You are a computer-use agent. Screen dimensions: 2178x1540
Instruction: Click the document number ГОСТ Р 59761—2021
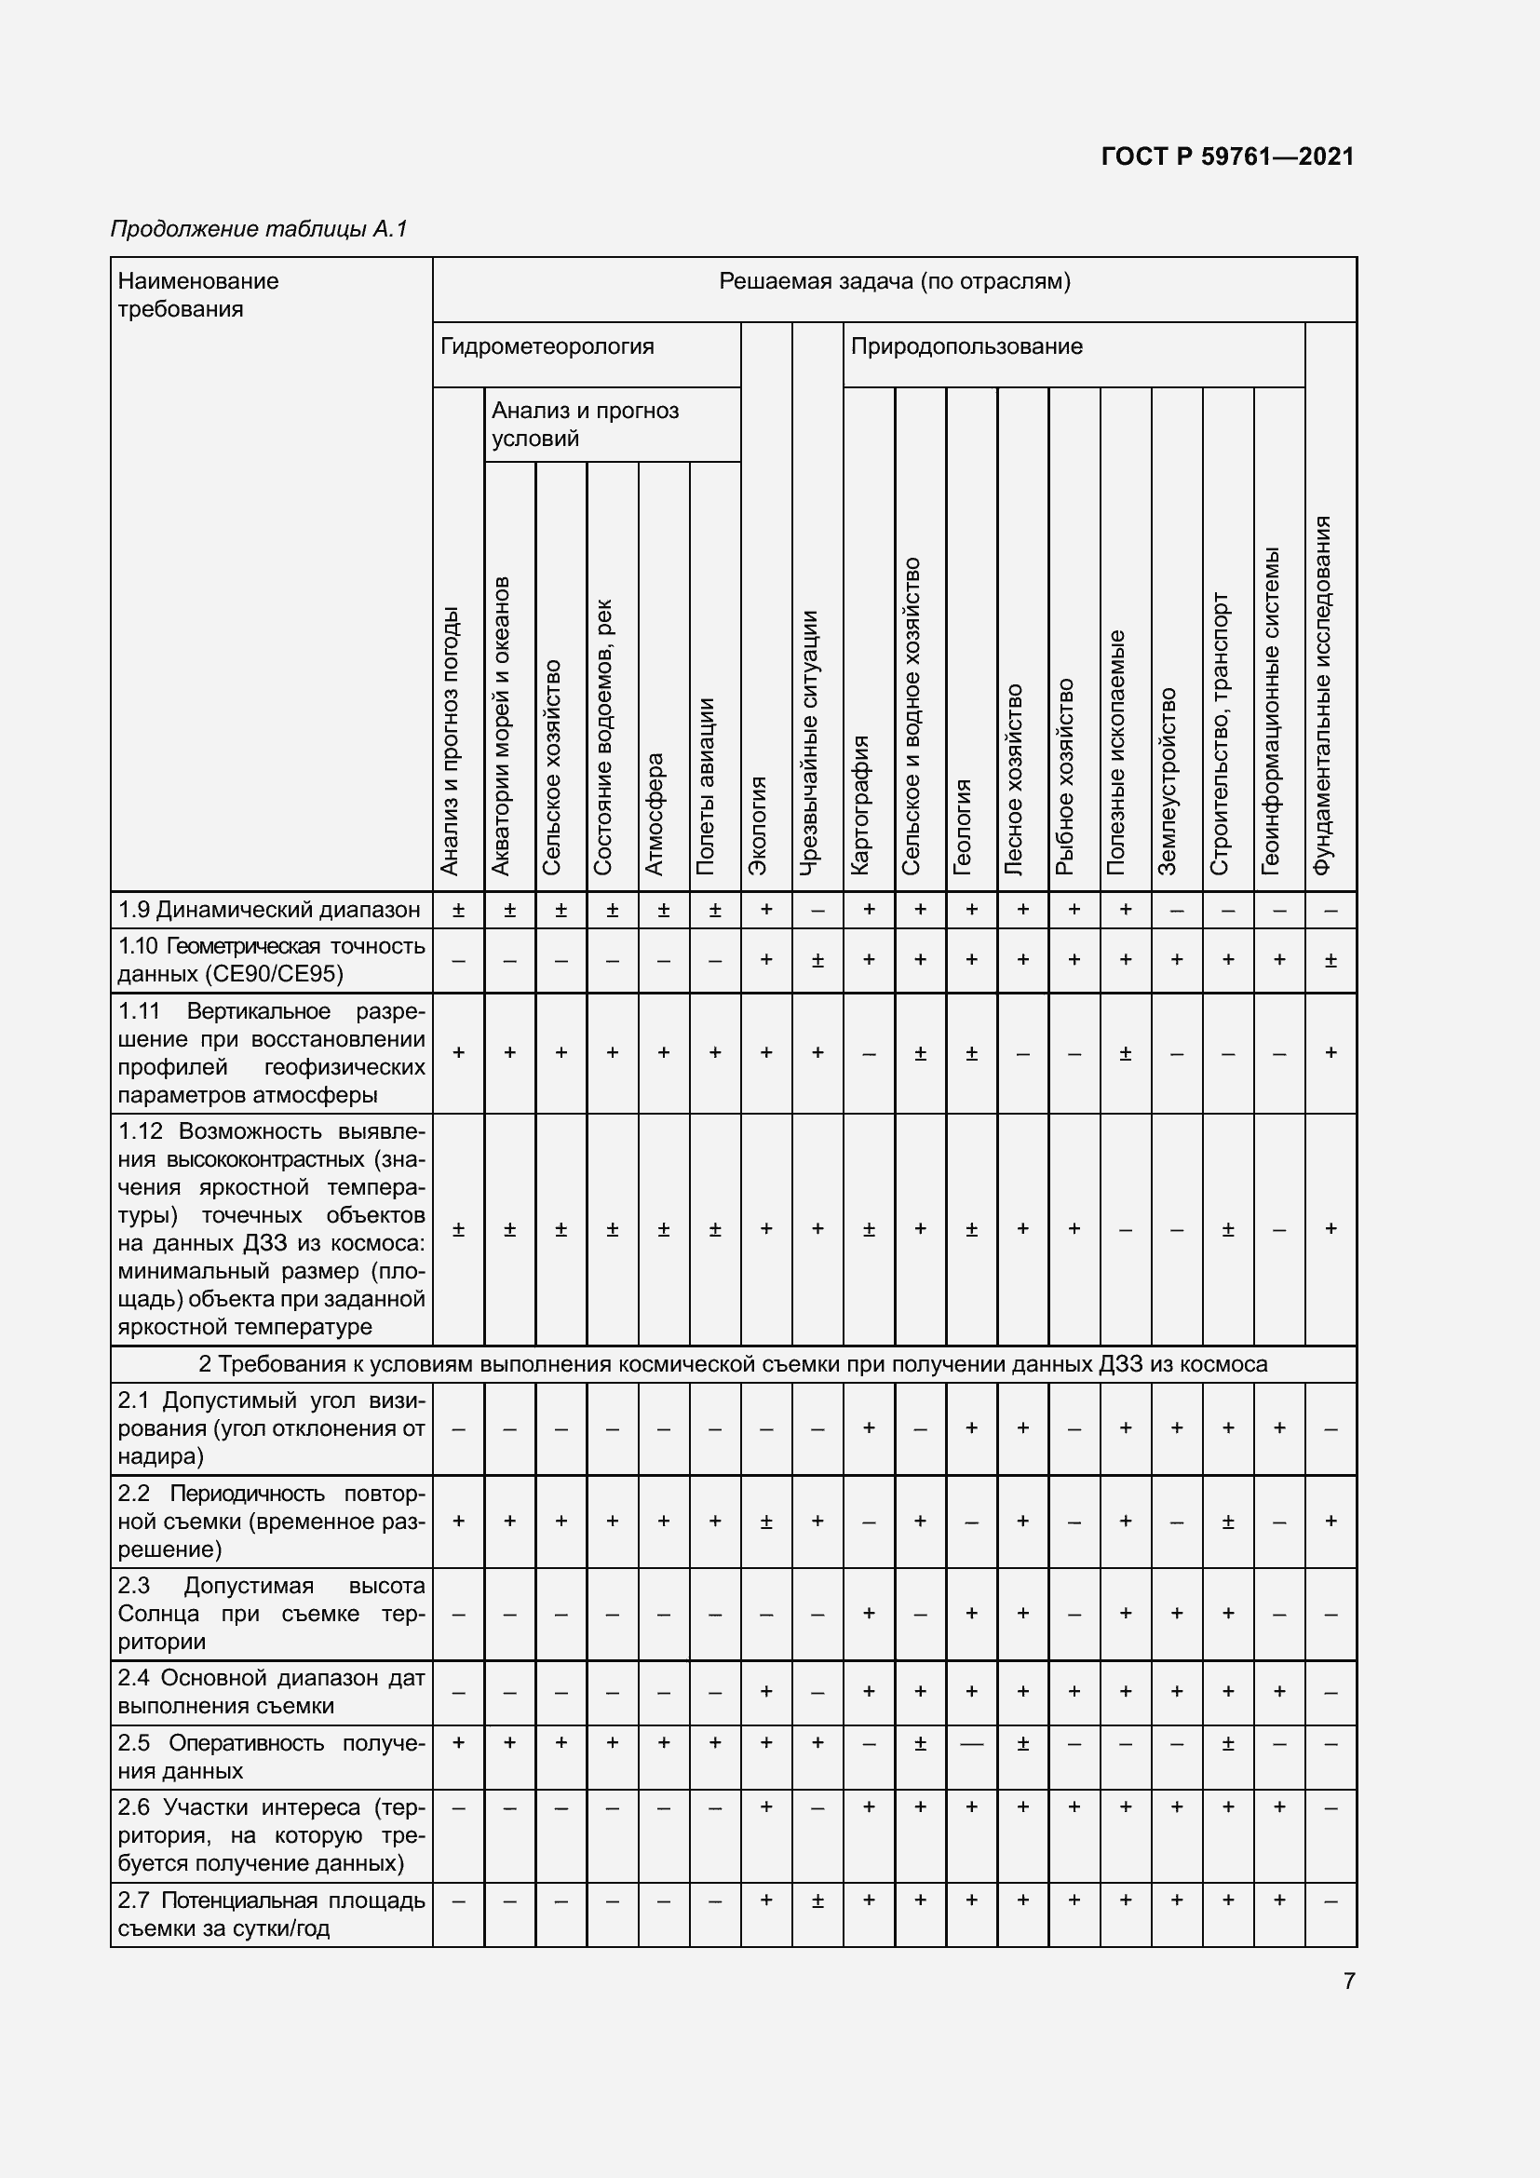click(1227, 156)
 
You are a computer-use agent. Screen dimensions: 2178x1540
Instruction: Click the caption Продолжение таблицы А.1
click(259, 229)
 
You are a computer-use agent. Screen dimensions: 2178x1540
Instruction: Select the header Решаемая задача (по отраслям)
click(893, 281)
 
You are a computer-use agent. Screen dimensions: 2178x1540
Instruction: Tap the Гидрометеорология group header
click(547, 346)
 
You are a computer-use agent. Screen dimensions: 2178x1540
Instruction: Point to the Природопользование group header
click(966, 346)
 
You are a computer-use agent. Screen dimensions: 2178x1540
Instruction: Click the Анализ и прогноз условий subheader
click(585, 424)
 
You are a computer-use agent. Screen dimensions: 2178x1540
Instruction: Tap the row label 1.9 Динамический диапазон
click(269, 910)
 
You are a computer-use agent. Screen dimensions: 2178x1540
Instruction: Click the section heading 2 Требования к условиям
click(732, 1364)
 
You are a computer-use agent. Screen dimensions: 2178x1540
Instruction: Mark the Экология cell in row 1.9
click(766, 910)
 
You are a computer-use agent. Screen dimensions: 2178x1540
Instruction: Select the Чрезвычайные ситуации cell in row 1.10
click(817, 960)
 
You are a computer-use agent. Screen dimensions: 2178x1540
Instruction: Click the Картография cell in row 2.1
click(869, 1427)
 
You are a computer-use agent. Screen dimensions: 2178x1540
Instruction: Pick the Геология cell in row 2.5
click(971, 1743)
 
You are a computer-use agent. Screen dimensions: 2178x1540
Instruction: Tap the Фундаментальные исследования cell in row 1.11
click(1331, 1052)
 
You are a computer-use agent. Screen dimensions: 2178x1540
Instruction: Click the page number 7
click(1348, 1981)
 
